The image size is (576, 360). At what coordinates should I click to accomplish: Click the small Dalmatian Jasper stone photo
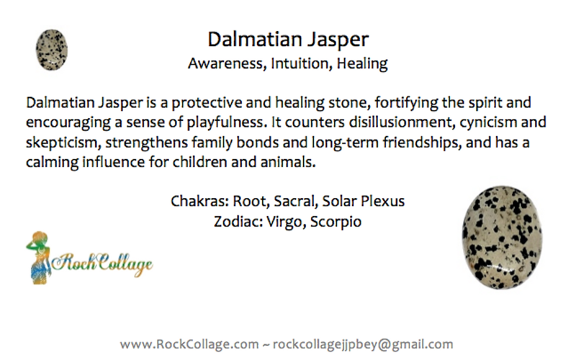tap(52, 50)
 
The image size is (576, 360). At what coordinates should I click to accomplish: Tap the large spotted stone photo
tap(502, 237)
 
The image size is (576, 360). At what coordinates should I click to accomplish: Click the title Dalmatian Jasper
tap(288, 40)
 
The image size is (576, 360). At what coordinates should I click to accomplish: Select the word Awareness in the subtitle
tap(228, 63)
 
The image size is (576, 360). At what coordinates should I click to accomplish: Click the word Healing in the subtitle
tap(362, 64)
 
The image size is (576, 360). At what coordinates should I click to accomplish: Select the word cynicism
tap(488, 122)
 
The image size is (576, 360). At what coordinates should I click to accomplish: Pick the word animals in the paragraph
tap(288, 162)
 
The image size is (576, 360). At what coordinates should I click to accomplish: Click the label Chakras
tap(200, 201)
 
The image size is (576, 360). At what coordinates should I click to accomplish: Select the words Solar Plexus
tap(363, 201)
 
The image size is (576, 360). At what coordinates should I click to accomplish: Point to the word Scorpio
tap(336, 222)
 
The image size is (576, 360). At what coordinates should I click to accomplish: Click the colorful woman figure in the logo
tap(39, 258)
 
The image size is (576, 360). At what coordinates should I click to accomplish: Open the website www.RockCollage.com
tap(189, 344)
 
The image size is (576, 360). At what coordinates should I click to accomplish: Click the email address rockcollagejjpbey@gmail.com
tap(363, 345)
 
